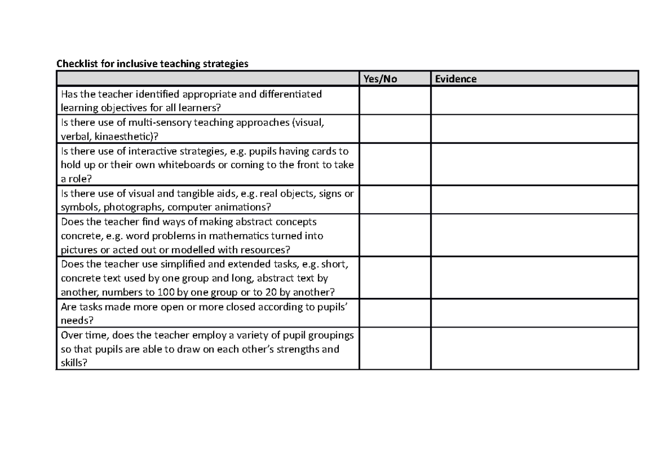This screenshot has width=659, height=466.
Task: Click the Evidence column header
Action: click(456, 79)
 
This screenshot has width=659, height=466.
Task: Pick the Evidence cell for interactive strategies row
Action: click(535, 164)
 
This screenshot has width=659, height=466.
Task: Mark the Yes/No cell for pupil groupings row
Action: click(395, 349)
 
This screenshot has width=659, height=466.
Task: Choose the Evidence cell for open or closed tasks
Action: click(535, 314)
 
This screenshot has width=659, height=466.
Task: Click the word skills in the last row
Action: click(72, 364)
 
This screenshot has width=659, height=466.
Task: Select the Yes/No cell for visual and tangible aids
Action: click(395, 200)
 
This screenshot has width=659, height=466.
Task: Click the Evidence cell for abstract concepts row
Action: click(535, 236)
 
